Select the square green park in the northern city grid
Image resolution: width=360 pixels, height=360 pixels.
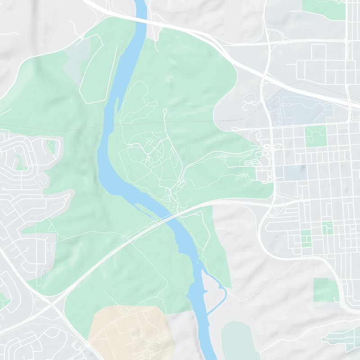pos(315,136)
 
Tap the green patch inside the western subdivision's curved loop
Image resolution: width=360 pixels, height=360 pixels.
pos(20,163)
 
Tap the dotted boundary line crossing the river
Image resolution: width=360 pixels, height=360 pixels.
pos(108,125)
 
